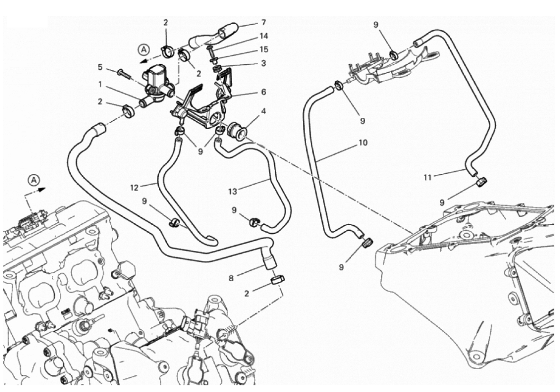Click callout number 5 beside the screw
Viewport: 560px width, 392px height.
pos(100,68)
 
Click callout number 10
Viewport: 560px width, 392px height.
pos(363,142)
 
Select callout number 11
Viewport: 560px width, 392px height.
pos(427,178)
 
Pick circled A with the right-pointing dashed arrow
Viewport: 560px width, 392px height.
pos(33,180)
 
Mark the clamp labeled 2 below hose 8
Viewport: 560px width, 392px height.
pos(276,279)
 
